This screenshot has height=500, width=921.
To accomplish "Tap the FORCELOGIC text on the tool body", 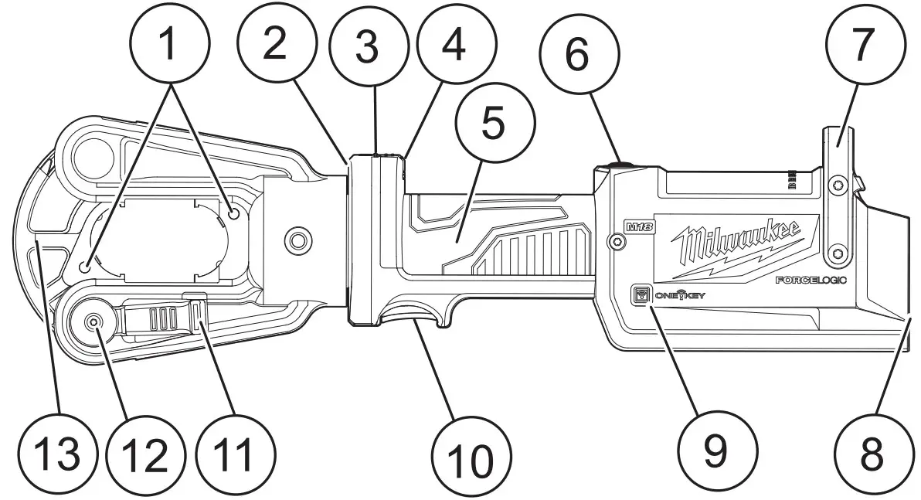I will (811, 281).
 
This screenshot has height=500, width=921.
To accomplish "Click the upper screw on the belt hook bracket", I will (835, 184).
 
